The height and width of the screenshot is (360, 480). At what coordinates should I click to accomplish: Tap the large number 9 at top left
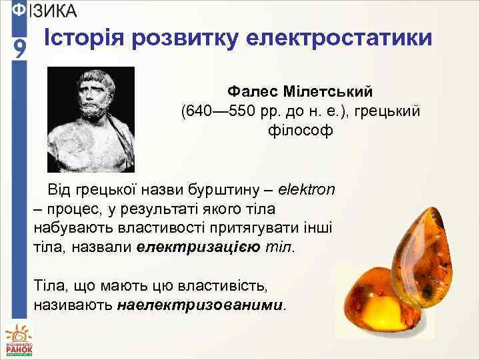pyautogui.click(x=20, y=49)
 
